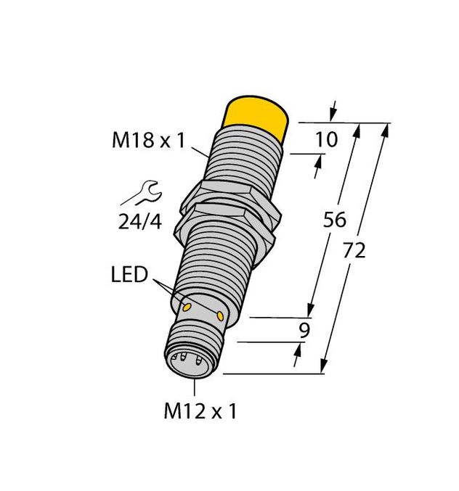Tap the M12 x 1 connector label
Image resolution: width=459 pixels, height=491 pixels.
point(200,412)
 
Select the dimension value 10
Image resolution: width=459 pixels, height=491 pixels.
point(328,139)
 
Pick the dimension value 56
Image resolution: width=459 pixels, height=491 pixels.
point(334,220)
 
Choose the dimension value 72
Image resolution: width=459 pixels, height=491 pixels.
point(354,250)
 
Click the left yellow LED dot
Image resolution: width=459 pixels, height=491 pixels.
point(187,308)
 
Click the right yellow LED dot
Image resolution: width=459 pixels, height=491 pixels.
point(219,315)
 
